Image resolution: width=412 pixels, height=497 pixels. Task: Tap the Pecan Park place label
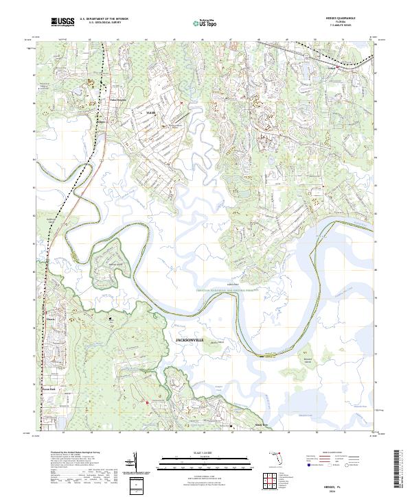(47, 389)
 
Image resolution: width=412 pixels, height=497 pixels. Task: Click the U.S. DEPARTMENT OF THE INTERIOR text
(102, 19)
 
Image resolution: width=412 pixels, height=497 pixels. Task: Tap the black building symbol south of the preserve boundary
(112, 319)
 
